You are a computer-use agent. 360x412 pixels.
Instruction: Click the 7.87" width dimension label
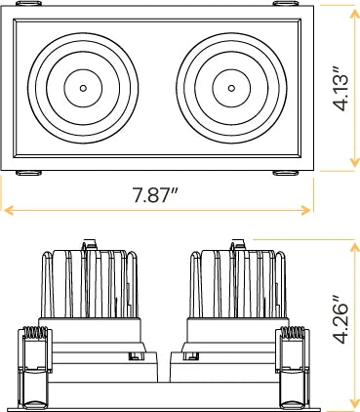coord(155,195)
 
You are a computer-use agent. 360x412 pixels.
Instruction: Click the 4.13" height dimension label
coord(340,89)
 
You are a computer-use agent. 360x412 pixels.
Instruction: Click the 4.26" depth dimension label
coord(340,320)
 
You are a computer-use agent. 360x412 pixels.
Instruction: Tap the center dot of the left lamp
coord(83,88)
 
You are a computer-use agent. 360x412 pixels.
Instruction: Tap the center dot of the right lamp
coord(231,88)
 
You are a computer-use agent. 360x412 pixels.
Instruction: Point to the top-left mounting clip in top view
coord(28,3)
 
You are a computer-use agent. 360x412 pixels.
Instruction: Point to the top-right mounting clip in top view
coord(286,3)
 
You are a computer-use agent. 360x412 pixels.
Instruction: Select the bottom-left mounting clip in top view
coord(28,173)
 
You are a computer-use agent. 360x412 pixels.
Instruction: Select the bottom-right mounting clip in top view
coord(286,173)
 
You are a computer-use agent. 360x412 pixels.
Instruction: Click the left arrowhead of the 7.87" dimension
coord(8,210)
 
